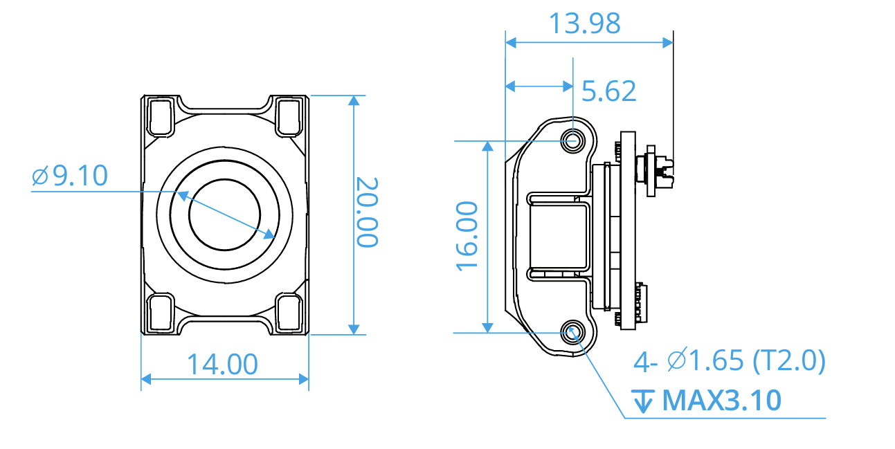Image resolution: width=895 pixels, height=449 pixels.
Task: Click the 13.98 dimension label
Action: pos(584,24)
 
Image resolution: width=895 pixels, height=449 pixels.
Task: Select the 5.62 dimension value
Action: pos(608,91)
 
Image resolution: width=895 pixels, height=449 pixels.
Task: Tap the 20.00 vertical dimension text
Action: pos(367,212)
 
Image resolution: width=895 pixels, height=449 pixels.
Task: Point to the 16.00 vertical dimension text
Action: pos(468,236)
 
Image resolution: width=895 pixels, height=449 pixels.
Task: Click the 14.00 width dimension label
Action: pos(222,364)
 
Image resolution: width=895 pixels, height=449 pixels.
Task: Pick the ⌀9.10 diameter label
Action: pos(70,176)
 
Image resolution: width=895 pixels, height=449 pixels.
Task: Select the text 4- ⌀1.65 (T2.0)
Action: pos(730,360)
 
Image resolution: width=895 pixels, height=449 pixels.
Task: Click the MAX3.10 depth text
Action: pos(722,401)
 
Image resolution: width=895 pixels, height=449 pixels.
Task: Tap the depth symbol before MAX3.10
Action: pos(644,401)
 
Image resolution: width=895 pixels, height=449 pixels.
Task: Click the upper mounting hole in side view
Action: pos(572,140)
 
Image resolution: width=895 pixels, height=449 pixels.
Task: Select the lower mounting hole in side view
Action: pos(572,332)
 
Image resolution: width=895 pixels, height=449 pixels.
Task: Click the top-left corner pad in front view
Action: pos(161,116)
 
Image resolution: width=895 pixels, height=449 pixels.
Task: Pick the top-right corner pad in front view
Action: pos(289,116)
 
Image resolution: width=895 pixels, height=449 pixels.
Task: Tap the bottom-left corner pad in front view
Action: pos(161,312)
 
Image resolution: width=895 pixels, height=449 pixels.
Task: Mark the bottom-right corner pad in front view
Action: pos(289,312)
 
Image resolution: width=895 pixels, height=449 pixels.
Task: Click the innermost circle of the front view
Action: pos(224,214)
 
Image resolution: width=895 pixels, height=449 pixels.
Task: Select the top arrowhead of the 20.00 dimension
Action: pos(354,101)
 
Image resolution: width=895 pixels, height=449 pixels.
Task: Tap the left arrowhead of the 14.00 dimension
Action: pos(146,378)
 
